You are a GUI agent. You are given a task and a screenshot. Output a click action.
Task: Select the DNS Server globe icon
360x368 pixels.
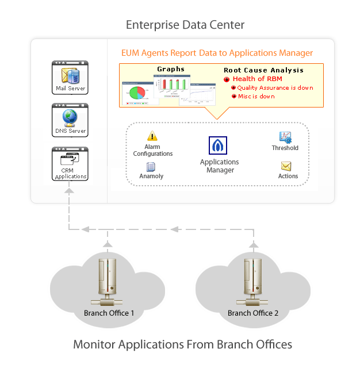pyautogui.click(x=70, y=117)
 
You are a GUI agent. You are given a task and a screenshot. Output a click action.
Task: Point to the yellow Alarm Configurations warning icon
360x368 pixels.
pyautogui.click(x=152, y=136)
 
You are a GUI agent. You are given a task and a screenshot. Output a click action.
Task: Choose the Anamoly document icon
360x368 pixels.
pyautogui.click(x=151, y=167)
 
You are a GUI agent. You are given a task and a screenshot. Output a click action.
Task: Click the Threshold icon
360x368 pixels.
pyautogui.click(x=285, y=137)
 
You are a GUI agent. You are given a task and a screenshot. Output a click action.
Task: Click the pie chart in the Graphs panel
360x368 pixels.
pyautogui.click(x=137, y=93)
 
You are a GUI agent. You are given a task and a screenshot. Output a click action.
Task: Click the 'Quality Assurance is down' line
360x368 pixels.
pyautogui.click(x=272, y=88)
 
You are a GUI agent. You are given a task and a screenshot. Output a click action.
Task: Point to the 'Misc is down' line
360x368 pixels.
pyautogui.click(x=256, y=97)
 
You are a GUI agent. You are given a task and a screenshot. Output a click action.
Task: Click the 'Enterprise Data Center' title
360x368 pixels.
pyautogui.click(x=185, y=25)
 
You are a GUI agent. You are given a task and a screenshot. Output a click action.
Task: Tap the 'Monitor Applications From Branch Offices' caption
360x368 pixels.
pyautogui.click(x=182, y=344)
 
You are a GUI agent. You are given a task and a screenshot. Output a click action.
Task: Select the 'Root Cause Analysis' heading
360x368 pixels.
pyautogui.click(x=263, y=70)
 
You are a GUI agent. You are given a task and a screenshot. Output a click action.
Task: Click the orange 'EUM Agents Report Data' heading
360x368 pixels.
pyautogui.click(x=217, y=53)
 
